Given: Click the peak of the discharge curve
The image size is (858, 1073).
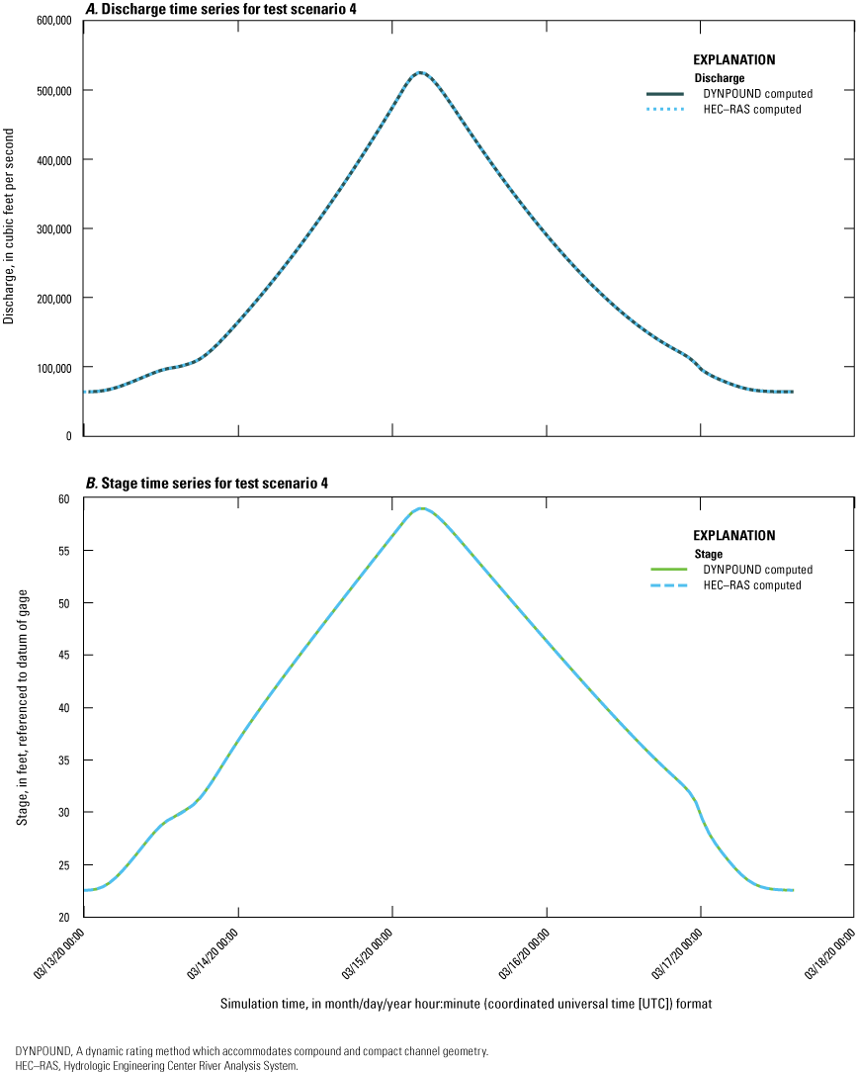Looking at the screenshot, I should point(420,72).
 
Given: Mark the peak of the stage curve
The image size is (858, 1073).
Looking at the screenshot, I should point(422,508).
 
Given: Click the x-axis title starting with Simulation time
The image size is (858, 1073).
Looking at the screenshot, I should point(467,1003).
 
